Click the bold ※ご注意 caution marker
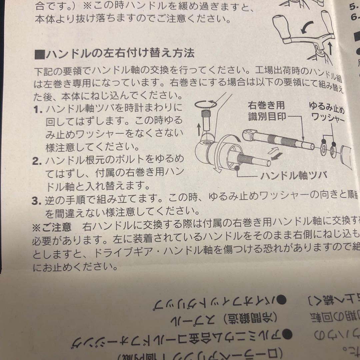[52, 227]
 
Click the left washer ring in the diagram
[323, 149]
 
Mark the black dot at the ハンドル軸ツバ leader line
[237, 169]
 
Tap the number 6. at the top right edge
[354, 17]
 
